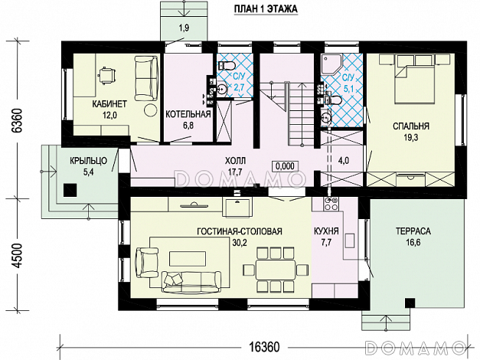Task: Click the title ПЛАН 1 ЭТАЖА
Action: click(x=266, y=9)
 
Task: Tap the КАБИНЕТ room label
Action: click(x=109, y=104)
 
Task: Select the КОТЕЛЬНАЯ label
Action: click(x=188, y=114)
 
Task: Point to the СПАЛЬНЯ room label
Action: click(x=411, y=126)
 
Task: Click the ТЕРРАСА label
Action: click(x=413, y=231)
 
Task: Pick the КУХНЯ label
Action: click(x=326, y=231)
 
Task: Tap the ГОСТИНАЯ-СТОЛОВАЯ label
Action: click(x=240, y=231)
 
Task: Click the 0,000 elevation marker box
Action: click(x=285, y=166)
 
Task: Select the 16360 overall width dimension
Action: click(x=264, y=347)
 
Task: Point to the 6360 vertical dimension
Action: click(x=17, y=120)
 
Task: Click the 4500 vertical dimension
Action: click(x=17, y=256)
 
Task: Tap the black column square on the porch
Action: click(x=70, y=190)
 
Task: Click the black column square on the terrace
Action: click(x=410, y=303)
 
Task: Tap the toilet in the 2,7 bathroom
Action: click(x=227, y=65)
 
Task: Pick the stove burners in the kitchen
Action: click(x=331, y=204)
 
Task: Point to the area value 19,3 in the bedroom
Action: click(x=411, y=138)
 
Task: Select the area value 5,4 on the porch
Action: click(x=89, y=172)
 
